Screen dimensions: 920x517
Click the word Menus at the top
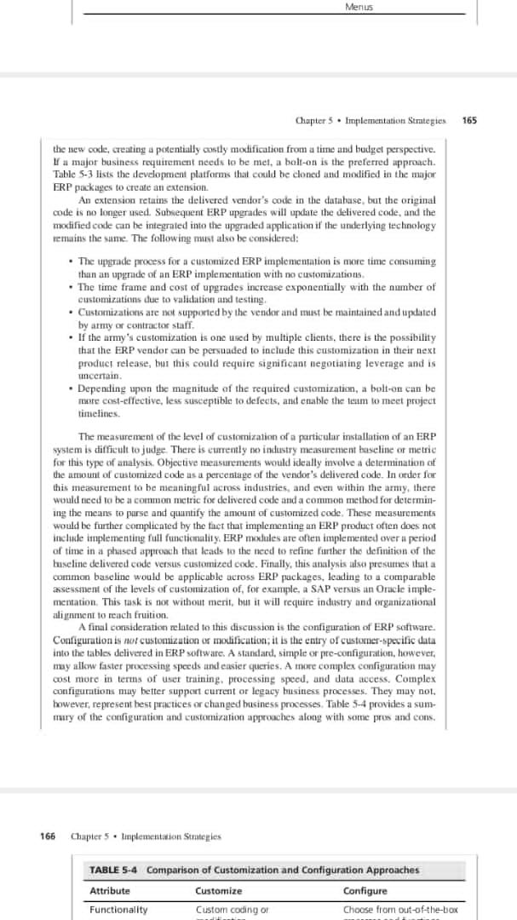[359, 7]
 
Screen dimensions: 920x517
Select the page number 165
[469, 120]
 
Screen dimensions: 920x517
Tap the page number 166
[48, 837]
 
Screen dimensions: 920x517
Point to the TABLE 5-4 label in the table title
[115, 870]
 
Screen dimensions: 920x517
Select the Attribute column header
[110, 891]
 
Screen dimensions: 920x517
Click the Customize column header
[218, 891]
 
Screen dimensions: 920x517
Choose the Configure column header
[365, 891]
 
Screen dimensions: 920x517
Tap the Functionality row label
[118, 910]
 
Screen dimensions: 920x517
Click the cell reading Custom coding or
[232, 910]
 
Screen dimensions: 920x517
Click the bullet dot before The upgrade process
[69, 261]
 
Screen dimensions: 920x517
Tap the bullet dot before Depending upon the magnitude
[69, 388]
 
